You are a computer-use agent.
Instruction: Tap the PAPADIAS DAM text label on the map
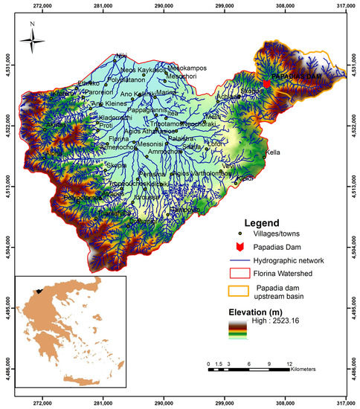pyautogui.click(x=295, y=77)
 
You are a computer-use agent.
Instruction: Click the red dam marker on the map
pyautogui.click(x=266, y=84)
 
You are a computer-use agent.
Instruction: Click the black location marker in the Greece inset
pyautogui.click(x=36, y=292)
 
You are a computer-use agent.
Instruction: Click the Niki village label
pyautogui.click(x=120, y=55)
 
